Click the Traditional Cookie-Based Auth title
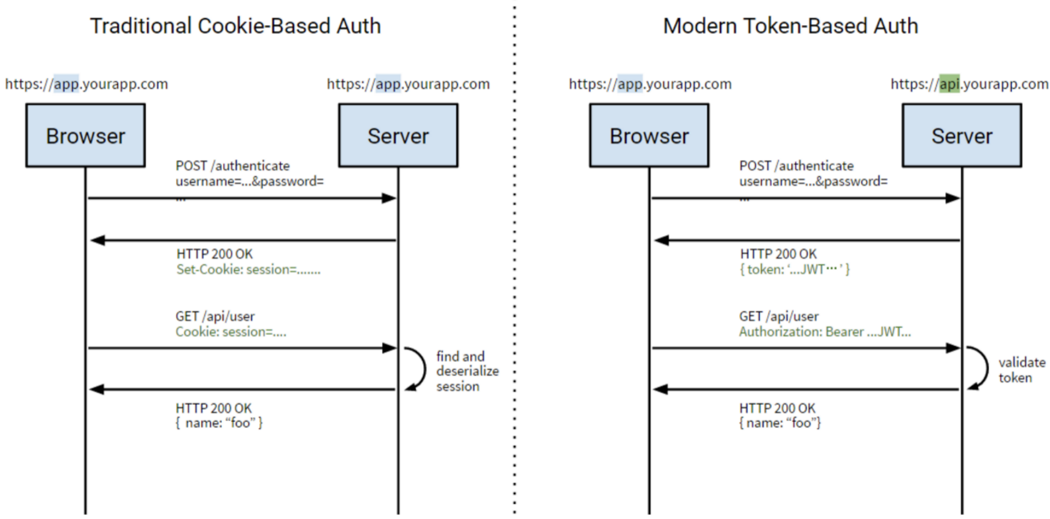tap(235, 26)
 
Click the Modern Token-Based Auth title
tap(790, 26)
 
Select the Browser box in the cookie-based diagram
tap(85, 136)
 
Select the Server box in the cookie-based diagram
tap(398, 136)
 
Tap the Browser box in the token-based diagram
tap(649, 136)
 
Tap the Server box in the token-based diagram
tap(962, 136)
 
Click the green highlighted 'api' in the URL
tap(949, 84)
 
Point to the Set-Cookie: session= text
tap(248, 269)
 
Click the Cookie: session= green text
tap(231, 332)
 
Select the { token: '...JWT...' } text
tap(794, 269)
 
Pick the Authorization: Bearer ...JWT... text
tap(825, 332)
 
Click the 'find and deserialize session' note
tap(466, 371)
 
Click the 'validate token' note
tap(1021, 370)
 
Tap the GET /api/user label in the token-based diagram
tap(778, 316)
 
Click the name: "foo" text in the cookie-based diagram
tap(219, 423)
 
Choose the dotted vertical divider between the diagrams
tap(515, 261)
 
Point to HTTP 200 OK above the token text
tap(778, 254)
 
